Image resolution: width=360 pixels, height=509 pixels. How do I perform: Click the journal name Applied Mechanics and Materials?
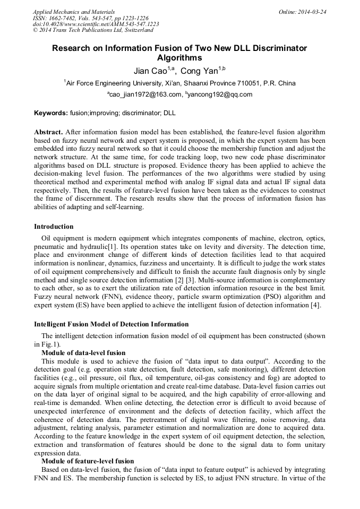tap(73, 11)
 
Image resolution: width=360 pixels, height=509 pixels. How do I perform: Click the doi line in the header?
tap(96, 24)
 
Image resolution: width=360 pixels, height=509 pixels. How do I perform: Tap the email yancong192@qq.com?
tap(220, 94)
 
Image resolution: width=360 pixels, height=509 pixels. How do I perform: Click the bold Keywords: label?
tap(51, 113)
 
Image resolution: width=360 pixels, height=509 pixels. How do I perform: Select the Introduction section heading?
tap(54, 227)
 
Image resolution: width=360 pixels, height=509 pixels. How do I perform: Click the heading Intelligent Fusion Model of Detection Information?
tap(111, 324)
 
